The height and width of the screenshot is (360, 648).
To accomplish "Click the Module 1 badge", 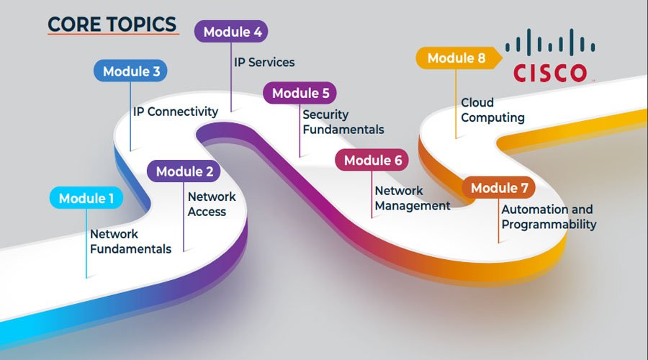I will pos(86,198).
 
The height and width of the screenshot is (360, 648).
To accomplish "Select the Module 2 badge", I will pos(184,171).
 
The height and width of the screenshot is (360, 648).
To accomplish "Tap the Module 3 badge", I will pos(131,71).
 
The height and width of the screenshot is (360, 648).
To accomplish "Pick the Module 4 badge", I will pos(231,32).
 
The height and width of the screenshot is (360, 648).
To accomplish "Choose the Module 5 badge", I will pos(300,93).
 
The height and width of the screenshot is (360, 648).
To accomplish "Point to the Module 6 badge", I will pos(372,161).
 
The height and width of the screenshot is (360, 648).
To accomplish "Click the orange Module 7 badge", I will pos(499,188).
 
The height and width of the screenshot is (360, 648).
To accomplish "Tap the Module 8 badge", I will pos(456,58).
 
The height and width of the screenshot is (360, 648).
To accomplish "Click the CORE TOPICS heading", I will pos(112,24).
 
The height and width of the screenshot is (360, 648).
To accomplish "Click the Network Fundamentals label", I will pos(130,241).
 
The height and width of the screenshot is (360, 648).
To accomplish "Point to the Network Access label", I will pos(211,204).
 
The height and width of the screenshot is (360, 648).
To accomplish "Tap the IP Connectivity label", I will pos(175,112).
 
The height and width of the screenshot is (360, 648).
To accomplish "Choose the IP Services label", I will pos(264,62).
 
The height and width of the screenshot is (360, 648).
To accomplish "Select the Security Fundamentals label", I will pos(343,122).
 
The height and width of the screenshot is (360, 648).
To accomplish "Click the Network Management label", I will pos(412,198).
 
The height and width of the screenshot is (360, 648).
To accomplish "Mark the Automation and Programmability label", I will pos(548,217).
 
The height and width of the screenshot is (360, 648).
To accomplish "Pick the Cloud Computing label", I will pos(492,109).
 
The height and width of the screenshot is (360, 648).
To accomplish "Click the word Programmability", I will pos(549,225).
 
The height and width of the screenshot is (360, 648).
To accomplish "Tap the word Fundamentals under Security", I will pos(343,130).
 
